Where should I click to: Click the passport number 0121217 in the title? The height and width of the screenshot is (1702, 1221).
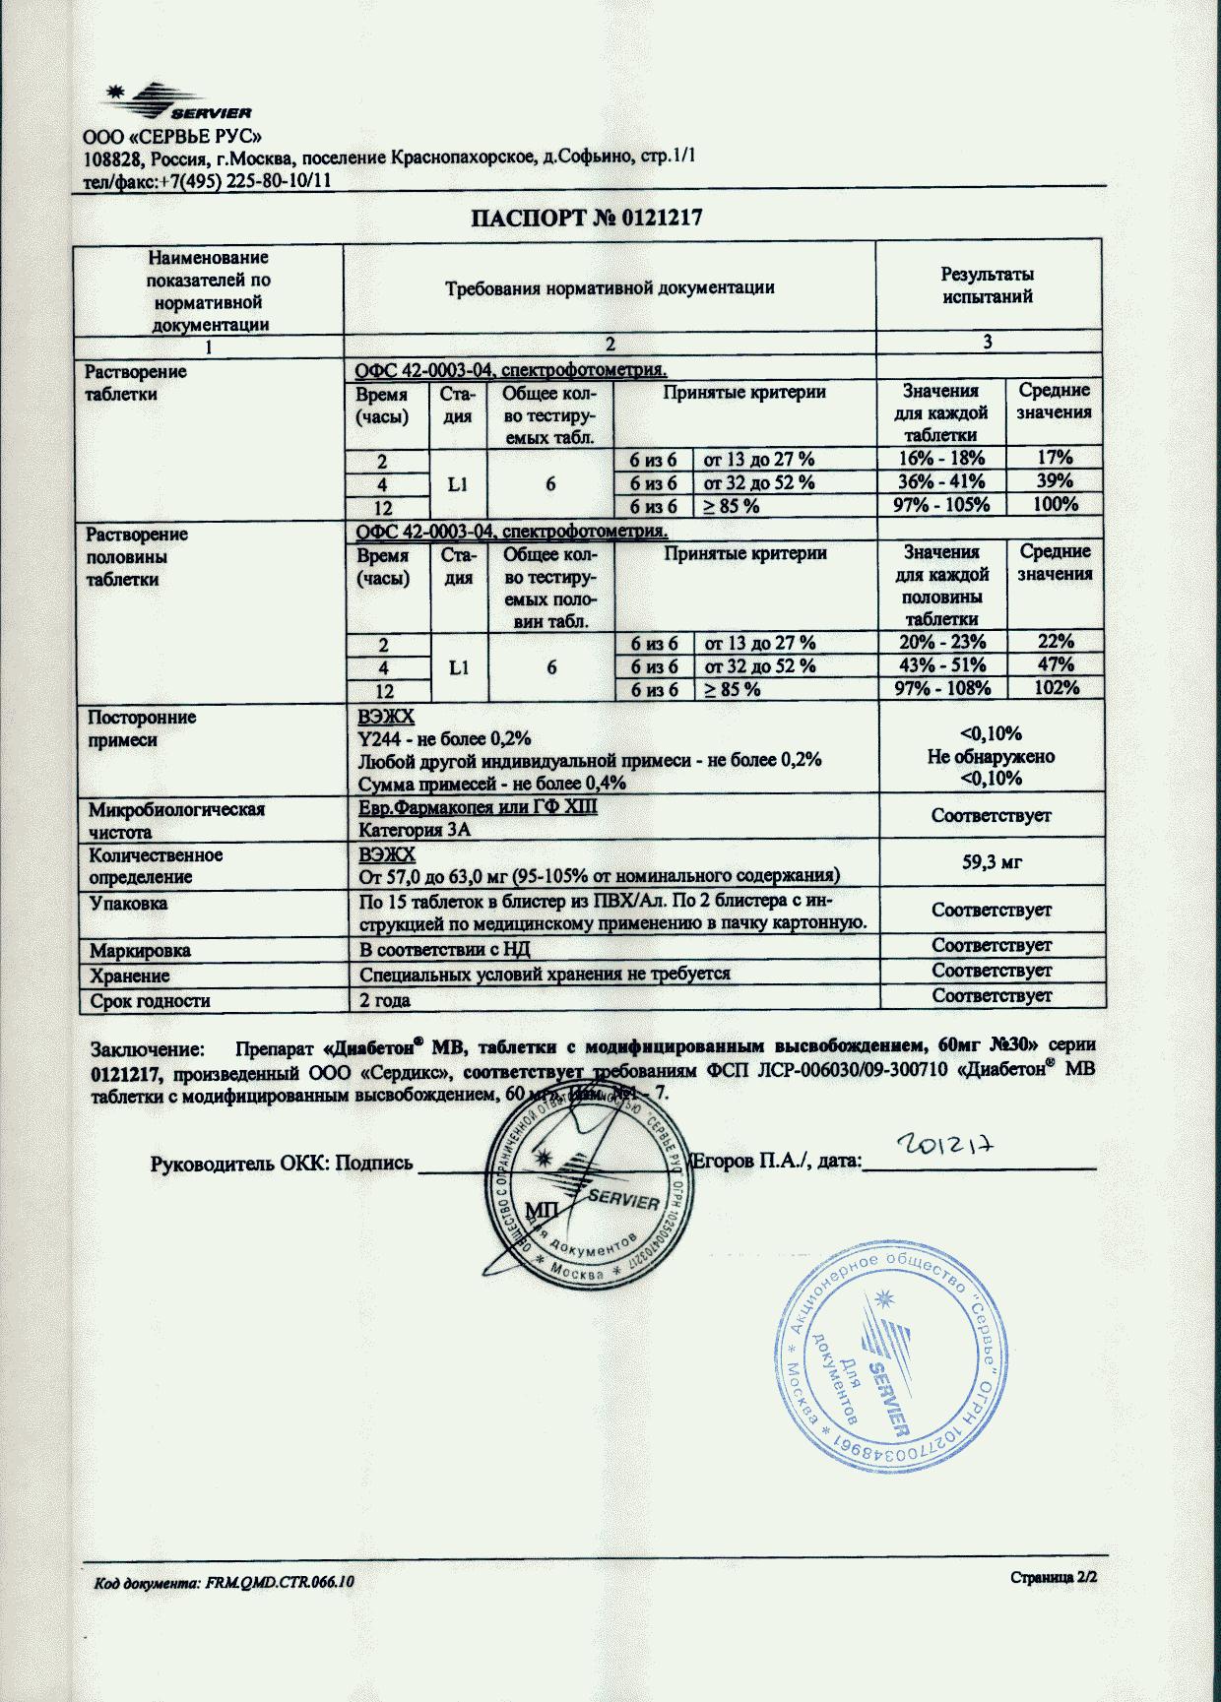coord(660,219)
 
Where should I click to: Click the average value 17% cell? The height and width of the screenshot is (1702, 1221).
coord(1054,458)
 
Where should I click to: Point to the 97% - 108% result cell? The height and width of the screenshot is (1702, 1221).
coord(941,689)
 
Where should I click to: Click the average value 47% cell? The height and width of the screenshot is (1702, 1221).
coord(1054,665)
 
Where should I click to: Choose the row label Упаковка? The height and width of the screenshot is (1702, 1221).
coord(128,904)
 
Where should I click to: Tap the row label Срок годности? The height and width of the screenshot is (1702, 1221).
coord(150,1001)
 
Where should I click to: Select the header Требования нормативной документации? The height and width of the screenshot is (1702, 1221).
coord(610,288)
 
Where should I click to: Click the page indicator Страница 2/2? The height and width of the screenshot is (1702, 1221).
coord(1053,1578)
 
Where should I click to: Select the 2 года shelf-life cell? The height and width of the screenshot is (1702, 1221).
coord(385,1001)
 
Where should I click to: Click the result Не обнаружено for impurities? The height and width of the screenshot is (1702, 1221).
coord(991,757)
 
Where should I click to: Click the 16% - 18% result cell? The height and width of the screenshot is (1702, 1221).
coord(941,458)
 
